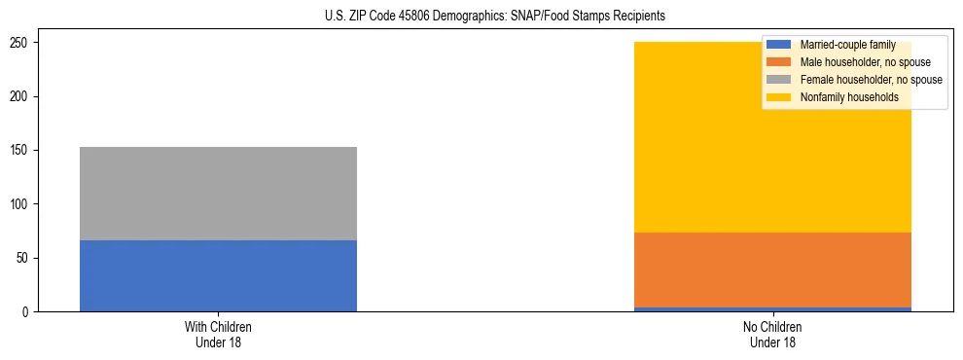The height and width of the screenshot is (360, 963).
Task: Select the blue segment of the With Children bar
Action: click(218, 275)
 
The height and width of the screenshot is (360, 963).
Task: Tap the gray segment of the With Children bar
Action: click(218, 193)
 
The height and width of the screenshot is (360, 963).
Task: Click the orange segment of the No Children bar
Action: click(772, 270)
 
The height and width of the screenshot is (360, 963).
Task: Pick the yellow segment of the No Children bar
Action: click(681, 146)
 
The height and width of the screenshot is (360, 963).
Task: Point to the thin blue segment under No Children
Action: click(772, 309)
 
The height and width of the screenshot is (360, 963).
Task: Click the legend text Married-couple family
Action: click(847, 46)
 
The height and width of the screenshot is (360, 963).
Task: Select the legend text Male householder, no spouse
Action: click(865, 62)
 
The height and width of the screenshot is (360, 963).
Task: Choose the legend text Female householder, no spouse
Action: click(871, 80)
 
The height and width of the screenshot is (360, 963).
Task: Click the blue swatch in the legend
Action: click(779, 46)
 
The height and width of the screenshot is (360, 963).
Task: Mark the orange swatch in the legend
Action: click(779, 62)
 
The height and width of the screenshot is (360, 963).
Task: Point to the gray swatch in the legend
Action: click(779, 80)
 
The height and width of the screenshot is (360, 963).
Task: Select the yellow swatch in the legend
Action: click(779, 97)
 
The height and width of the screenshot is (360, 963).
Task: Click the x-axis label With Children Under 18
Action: click(218, 334)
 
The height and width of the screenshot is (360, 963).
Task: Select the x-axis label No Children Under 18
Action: click(772, 334)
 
